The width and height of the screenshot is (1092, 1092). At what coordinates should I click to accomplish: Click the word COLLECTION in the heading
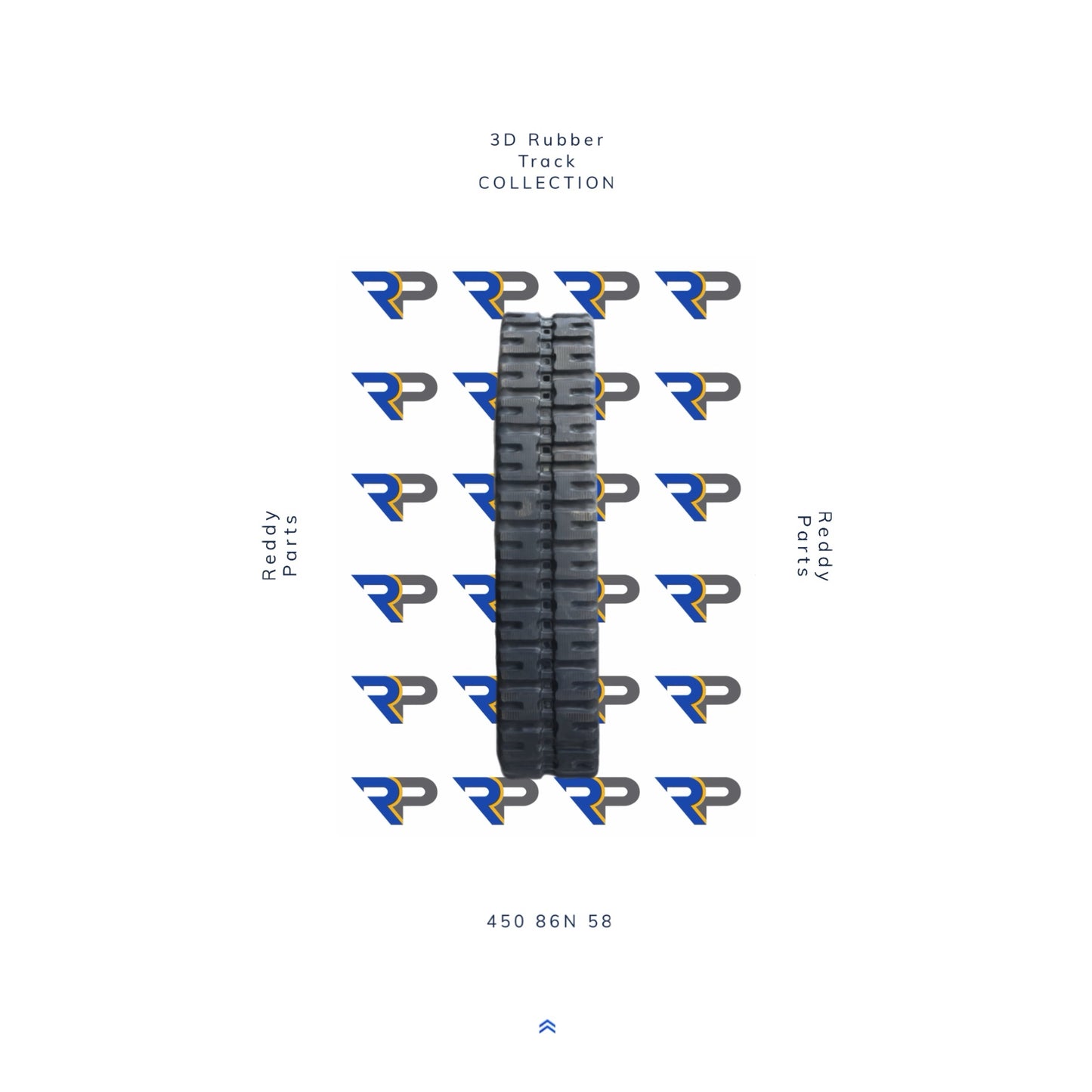pyautogui.click(x=547, y=183)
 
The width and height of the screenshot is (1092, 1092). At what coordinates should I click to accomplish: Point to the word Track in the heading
pyautogui.click(x=546, y=161)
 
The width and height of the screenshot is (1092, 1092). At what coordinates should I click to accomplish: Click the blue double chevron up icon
pyautogui.click(x=547, y=1026)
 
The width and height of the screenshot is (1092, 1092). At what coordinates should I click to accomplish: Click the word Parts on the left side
pyautogui.click(x=290, y=546)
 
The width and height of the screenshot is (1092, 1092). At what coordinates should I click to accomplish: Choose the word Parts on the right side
pyautogui.click(x=803, y=546)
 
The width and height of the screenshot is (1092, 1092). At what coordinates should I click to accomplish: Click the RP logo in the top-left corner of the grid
pyautogui.click(x=394, y=294)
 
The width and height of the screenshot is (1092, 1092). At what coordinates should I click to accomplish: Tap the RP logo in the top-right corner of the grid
pyautogui.click(x=698, y=294)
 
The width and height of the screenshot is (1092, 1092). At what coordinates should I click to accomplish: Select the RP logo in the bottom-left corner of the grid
pyautogui.click(x=394, y=800)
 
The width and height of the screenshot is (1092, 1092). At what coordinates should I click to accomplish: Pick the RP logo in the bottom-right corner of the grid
pyautogui.click(x=698, y=800)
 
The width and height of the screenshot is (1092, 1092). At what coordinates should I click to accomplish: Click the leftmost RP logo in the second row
pyautogui.click(x=394, y=395)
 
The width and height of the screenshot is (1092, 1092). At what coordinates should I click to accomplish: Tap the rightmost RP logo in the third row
pyautogui.click(x=698, y=497)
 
